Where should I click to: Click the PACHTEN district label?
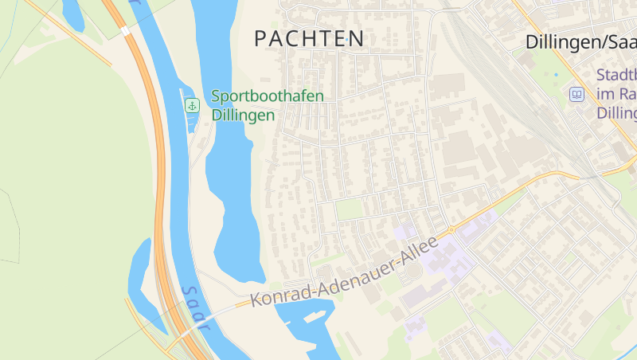point(309,38)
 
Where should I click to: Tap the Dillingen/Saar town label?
point(580,42)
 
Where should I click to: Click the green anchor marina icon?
point(192,105)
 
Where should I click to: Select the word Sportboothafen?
point(268,96)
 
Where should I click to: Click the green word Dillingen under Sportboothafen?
point(243,115)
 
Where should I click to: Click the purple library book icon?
point(576,95)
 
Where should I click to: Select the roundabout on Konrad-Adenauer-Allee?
point(451,229)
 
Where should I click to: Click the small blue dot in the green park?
point(556,75)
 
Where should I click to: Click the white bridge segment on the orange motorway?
point(124,30)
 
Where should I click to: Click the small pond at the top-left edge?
point(72,14)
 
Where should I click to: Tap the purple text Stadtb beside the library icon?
point(617,76)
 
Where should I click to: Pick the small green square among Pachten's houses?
point(350,209)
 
